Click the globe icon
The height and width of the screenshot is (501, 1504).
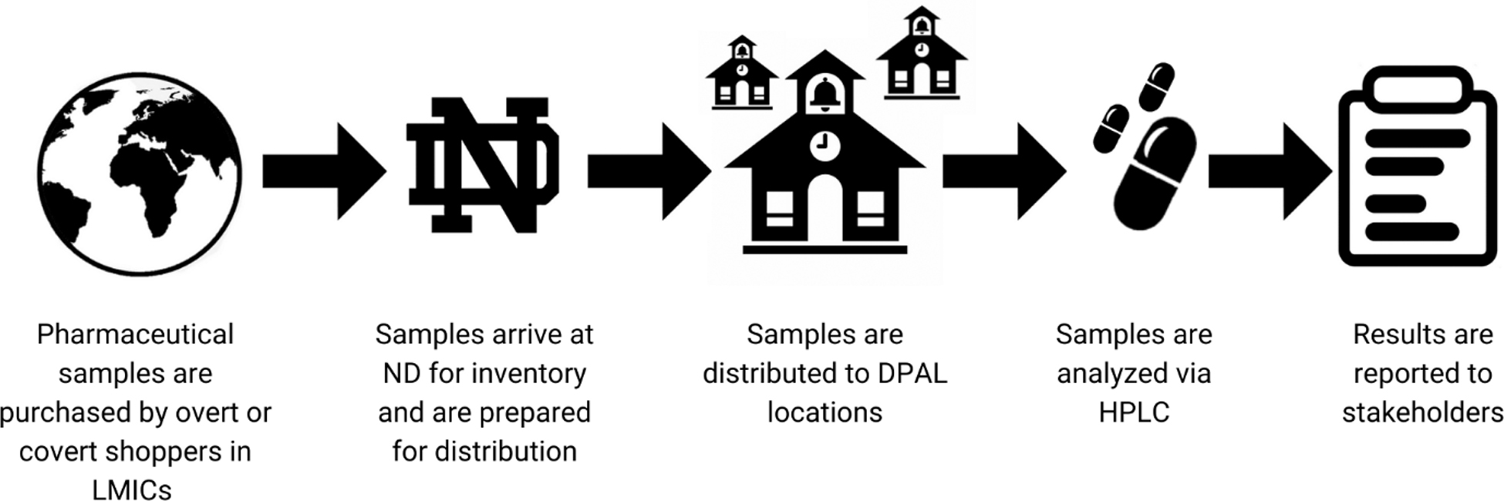[139, 173]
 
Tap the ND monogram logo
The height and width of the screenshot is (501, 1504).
[483, 164]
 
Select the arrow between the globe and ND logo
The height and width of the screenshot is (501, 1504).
[324, 171]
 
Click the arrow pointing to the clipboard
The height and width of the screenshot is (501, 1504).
[1270, 171]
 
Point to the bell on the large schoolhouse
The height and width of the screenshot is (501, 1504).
[825, 93]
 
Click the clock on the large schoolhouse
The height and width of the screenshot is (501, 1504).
[825, 145]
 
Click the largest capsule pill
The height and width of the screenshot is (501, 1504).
[1155, 173]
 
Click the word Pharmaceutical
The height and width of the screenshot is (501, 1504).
[135, 335]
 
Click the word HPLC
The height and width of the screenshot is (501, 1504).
[1134, 412]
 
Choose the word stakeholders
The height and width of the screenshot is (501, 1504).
[1422, 412]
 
